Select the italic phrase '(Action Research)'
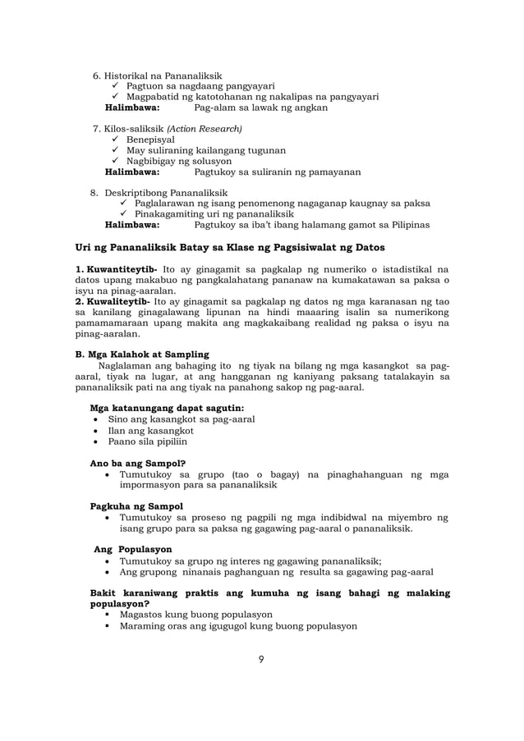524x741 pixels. [x=205, y=129]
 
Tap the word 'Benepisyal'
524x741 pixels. [x=150, y=140]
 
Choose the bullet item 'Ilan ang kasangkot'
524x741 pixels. [x=150, y=430]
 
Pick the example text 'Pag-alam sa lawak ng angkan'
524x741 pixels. [x=260, y=107]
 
